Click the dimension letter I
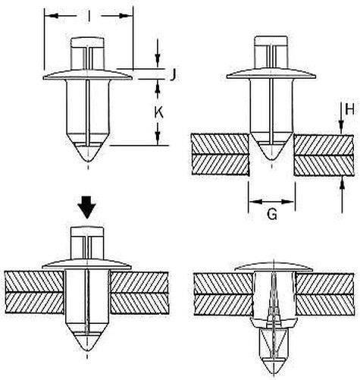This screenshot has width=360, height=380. point(89,17)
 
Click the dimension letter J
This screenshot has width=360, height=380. point(173,74)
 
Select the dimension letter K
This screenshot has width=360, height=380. point(158,112)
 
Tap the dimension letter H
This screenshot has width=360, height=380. point(349,109)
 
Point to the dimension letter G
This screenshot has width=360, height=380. point(272,215)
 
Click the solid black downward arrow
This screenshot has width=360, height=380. point(86,207)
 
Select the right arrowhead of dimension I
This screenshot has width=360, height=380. point(124,16)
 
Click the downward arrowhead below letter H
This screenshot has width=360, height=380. point(341,127)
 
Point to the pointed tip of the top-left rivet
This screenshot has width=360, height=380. point(88,161)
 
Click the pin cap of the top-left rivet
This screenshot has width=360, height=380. point(87,42)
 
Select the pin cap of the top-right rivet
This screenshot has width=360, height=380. point(271,41)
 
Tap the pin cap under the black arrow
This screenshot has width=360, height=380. point(87,232)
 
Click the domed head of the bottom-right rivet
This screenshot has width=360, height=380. point(274,267)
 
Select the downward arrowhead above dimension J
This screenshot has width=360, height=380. point(158,61)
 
